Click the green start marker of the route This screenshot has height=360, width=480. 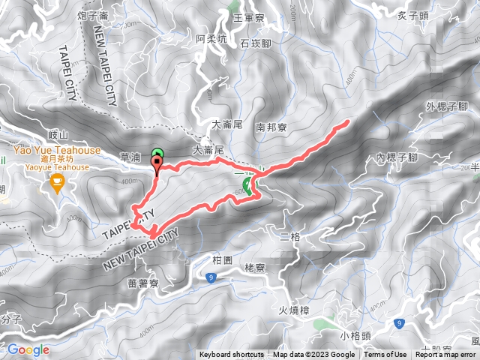click(157, 154)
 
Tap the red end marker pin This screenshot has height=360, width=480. click(157, 165)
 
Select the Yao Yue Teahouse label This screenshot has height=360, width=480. click(55, 150)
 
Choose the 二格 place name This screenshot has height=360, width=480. click(289, 237)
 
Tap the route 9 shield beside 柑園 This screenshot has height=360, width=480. click(211, 277)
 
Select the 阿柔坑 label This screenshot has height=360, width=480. click(211, 38)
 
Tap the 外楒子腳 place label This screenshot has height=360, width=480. click(446, 107)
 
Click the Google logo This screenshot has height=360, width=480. click(28, 349)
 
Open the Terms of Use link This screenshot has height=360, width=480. click(385, 355)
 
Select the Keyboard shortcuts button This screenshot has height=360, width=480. click(232, 355)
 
